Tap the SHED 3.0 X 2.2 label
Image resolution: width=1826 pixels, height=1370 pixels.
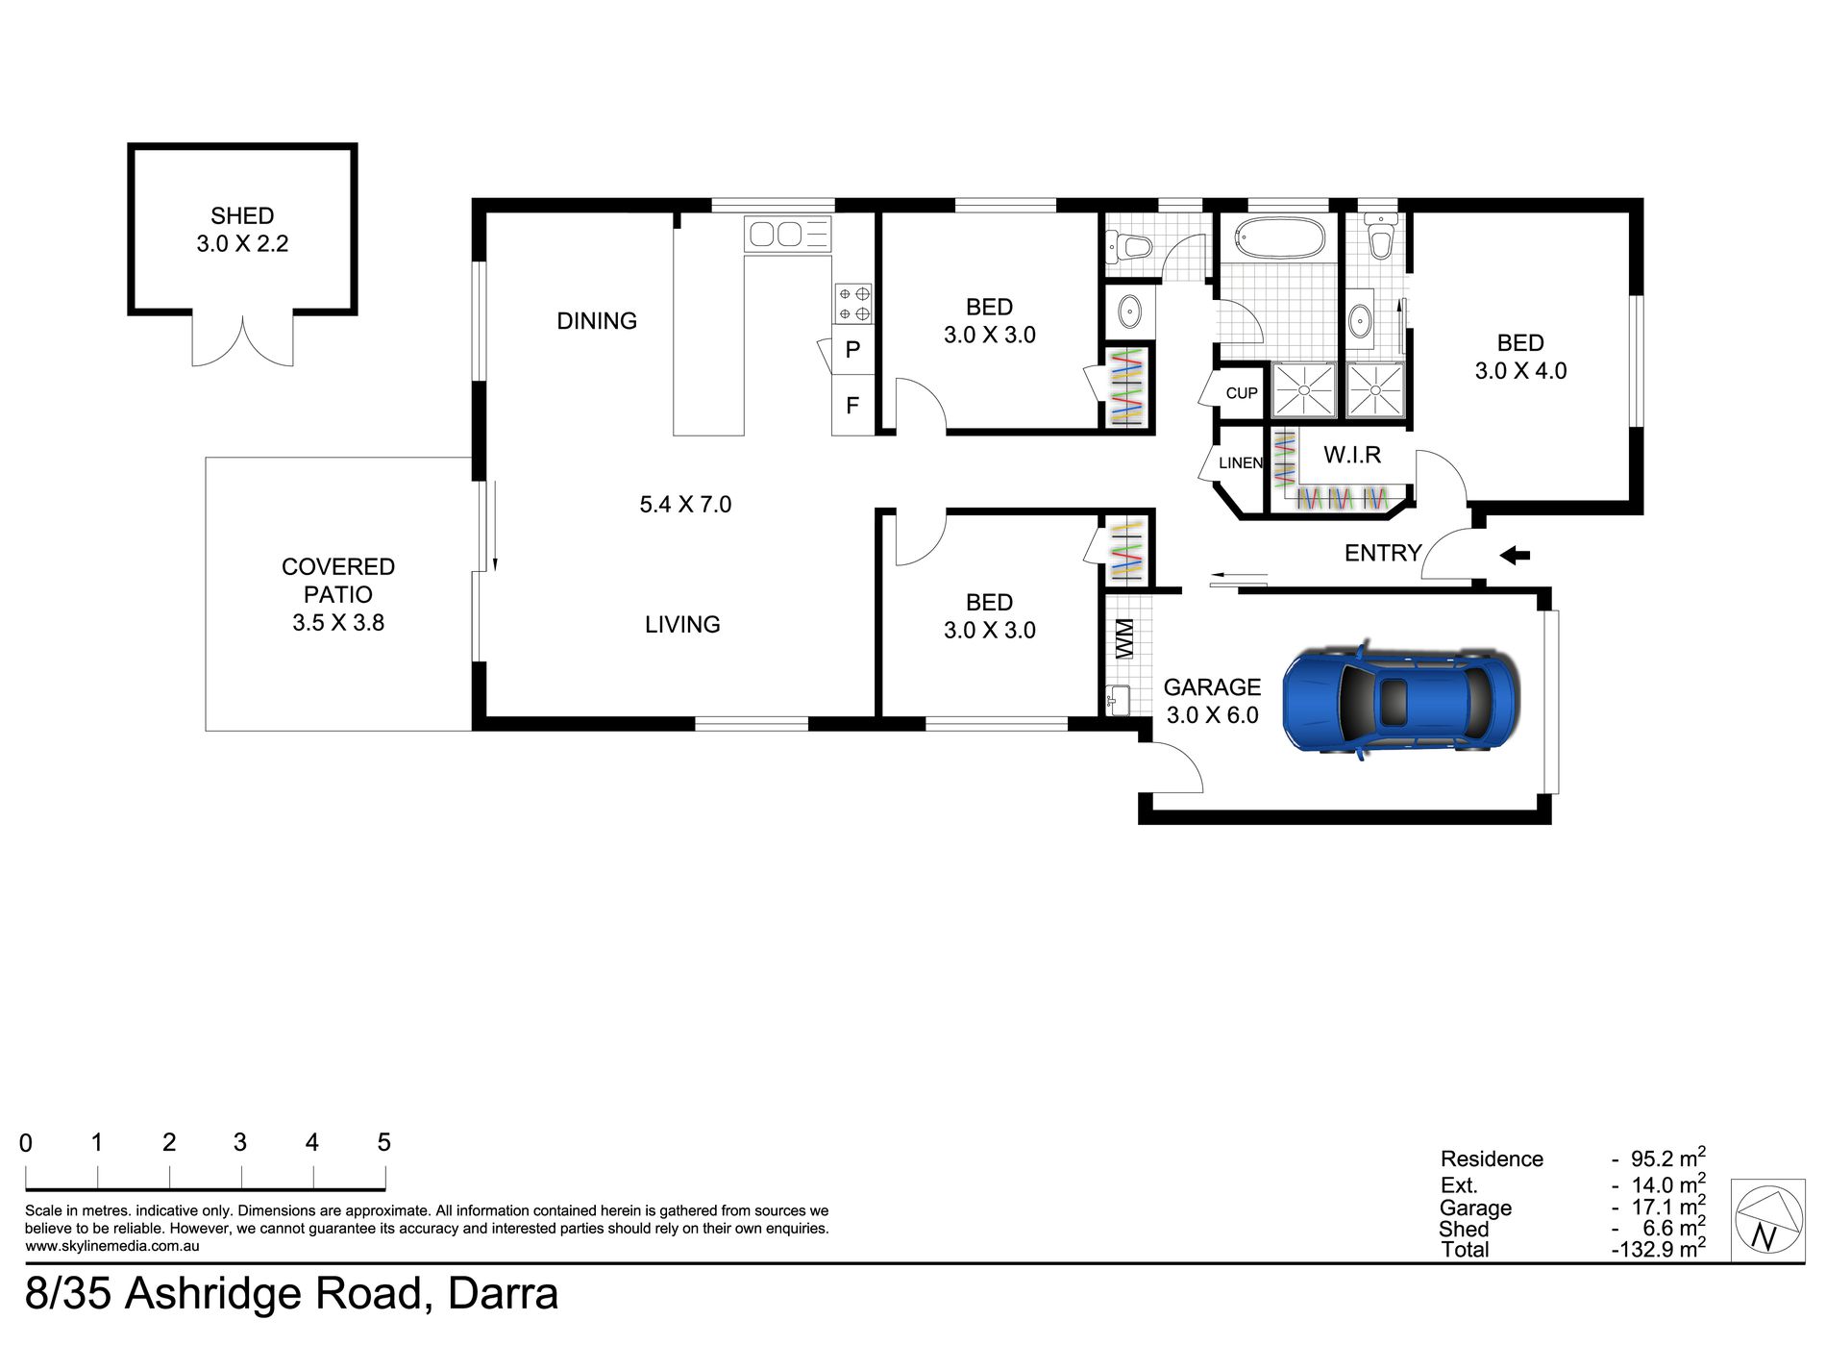pyautogui.click(x=242, y=230)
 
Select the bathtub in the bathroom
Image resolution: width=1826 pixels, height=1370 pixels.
pyautogui.click(x=1278, y=237)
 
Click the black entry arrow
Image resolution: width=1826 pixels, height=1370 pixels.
pyautogui.click(x=1515, y=555)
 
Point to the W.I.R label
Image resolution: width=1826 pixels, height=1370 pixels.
pyautogui.click(x=1351, y=455)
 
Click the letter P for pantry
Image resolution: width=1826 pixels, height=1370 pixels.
pyautogui.click(x=852, y=350)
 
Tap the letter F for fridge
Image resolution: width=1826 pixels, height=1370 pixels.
pyautogui.click(x=852, y=406)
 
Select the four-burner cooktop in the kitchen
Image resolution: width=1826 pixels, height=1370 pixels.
pyautogui.click(x=852, y=303)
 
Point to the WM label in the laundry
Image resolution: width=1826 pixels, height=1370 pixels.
pyautogui.click(x=1125, y=638)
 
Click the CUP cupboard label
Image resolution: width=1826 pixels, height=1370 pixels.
pyautogui.click(x=1241, y=393)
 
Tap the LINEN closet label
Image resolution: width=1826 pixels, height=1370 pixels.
pyautogui.click(x=1240, y=463)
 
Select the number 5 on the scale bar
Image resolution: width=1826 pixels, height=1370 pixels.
pyautogui.click(x=383, y=1142)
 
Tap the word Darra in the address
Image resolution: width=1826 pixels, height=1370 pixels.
pyautogui.click(x=503, y=1294)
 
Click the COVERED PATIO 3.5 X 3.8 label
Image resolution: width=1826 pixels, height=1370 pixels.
pyautogui.click(x=338, y=594)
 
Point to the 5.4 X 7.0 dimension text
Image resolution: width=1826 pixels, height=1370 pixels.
pyautogui.click(x=685, y=505)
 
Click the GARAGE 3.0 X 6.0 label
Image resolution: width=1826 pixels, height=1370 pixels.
pyautogui.click(x=1212, y=701)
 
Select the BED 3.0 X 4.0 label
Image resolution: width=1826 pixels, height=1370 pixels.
pyautogui.click(x=1520, y=357)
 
